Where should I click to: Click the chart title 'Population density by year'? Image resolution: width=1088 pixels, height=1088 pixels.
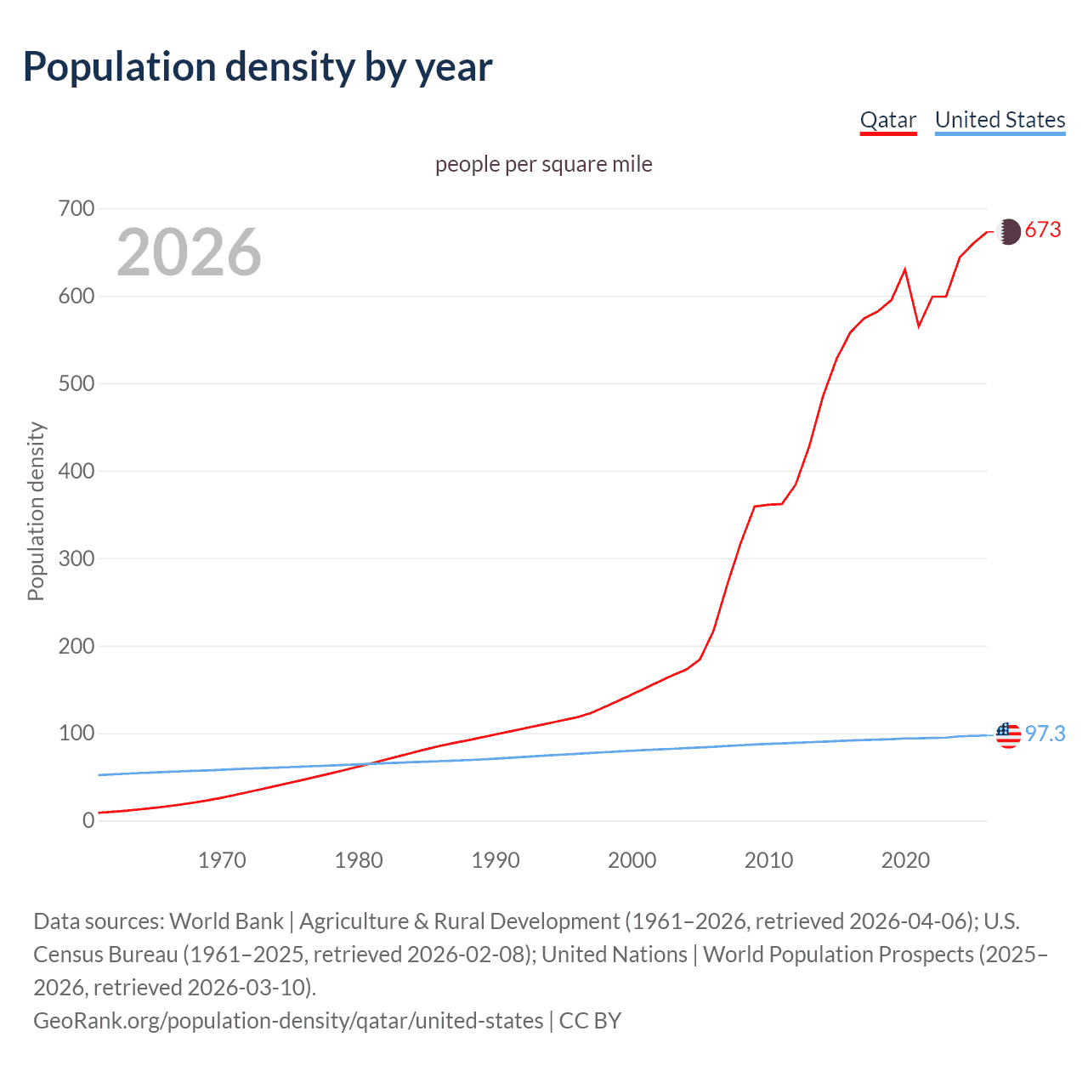pyautogui.click(x=258, y=67)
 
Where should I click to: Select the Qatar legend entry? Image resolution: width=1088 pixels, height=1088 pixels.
pyautogui.click(x=887, y=120)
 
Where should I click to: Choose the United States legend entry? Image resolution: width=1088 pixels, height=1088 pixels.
pyautogui.click(x=1000, y=120)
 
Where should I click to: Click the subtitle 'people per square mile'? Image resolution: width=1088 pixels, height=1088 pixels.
pyautogui.click(x=543, y=164)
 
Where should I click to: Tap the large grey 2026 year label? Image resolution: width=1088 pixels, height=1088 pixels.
pyautogui.click(x=189, y=252)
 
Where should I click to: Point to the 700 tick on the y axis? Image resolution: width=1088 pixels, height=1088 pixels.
pyautogui.click(x=76, y=208)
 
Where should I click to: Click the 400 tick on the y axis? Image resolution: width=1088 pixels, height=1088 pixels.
pyautogui.click(x=76, y=471)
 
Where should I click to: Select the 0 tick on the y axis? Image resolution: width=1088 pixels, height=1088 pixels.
pyautogui.click(x=88, y=820)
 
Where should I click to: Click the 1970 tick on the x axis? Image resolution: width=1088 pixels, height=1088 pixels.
pyautogui.click(x=222, y=860)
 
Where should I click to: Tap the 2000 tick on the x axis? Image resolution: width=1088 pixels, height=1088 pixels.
pyautogui.click(x=632, y=860)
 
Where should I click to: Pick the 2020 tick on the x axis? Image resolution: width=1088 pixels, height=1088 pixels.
pyautogui.click(x=905, y=860)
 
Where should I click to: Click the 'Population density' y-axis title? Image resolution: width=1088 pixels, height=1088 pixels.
pyautogui.click(x=36, y=512)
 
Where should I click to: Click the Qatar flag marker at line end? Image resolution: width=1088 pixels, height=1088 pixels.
pyautogui.click(x=1008, y=231)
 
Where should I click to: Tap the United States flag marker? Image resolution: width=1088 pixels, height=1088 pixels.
pyautogui.click(x=1008, y=734)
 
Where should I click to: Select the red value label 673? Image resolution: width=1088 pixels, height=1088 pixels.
pyautogui.click(x=1043, y=230)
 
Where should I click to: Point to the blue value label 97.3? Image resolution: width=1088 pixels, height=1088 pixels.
pyautogui.click(x=1045, y=734)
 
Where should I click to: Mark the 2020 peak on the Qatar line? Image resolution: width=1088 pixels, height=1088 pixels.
pyautogui.click(x=905, y=269)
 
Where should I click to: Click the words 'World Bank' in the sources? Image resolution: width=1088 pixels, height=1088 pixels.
pyautogui.click(x=226, y=921)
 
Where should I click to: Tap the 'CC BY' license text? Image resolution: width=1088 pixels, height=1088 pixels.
pyautogui.click(x=590, y=1020)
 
